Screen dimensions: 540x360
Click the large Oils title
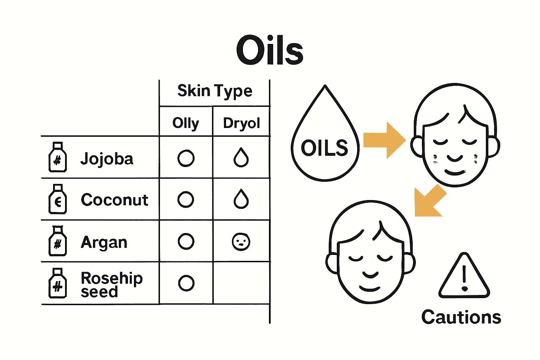click(270, 50)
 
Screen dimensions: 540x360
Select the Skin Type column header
click(215, 91)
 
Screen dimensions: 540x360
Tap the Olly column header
click(186, 123)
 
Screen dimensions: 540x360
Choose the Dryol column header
click(241, 123)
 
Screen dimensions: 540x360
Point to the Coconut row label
click(115, 200)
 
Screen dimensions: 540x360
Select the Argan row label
click(104, 242)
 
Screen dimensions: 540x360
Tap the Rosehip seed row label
click(111, 284)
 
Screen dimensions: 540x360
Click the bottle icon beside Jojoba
click(57, 157)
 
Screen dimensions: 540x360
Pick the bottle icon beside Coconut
click(57, 199)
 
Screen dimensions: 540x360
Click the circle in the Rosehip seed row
click(186, 283)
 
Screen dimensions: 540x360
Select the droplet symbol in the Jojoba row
click(241, 157)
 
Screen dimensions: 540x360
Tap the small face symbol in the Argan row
click(241, 242)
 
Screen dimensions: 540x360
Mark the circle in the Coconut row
click(186, 200)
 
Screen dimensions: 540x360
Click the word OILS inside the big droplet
click(324, 148)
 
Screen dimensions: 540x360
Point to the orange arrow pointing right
click(384, 141)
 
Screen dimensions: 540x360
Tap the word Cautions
click(461, 317)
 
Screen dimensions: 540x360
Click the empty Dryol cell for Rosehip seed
click(241, 283)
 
